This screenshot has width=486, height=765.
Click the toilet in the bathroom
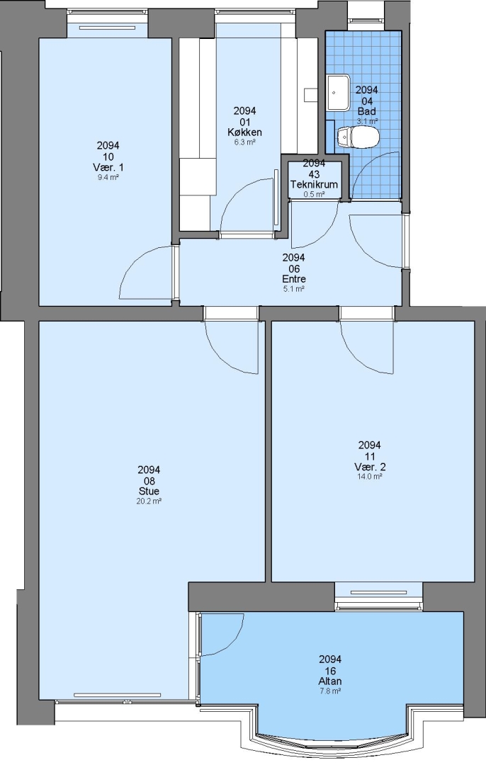coord(358,137)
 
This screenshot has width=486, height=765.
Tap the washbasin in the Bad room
coord(338,93)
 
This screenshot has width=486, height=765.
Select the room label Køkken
coord(244,132)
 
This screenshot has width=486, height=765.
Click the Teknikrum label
coord(315,184)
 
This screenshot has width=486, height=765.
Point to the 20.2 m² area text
coord(149,501)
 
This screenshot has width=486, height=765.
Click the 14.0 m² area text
coord(369,476)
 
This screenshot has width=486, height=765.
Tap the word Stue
coord(149,492)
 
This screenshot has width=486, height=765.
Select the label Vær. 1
coord(108,167)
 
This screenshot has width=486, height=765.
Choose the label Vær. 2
coord(369,467)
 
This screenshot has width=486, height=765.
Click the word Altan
coord(330,681)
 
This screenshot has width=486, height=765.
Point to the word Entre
coord(294,279)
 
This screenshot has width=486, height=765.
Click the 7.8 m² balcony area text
coord(330,691)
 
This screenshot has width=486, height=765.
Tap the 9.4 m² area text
coord(108,177)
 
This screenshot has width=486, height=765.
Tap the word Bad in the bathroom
coord(366,111)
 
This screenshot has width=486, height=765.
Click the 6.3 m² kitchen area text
coord(244,142)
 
